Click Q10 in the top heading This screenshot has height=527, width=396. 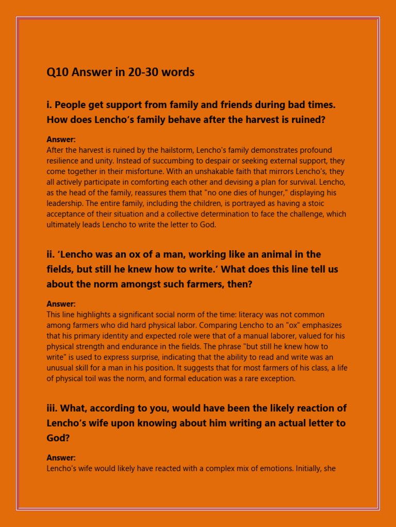click(x=57, y=73)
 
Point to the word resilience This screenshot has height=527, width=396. click(x=64, y=161)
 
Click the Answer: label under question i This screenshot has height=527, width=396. click(x=61, y=139)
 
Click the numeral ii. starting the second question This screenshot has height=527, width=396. click(x=51, y=254)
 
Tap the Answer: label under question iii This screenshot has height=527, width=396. click(x=61, y=458)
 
